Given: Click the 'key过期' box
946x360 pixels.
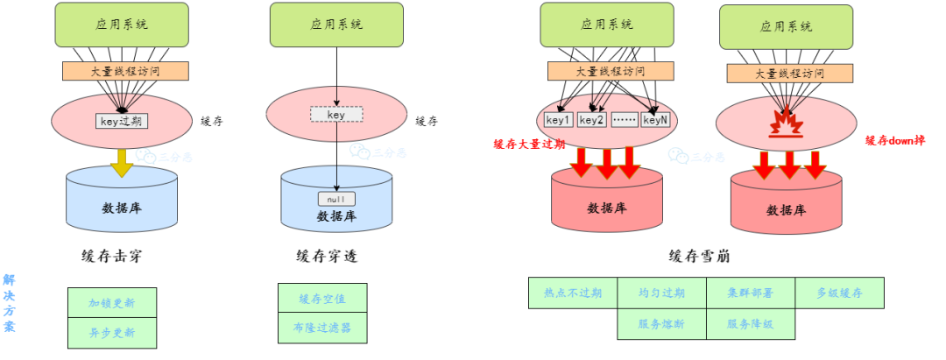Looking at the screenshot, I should pos(122,121).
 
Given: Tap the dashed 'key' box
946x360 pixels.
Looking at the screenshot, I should pos(336,115).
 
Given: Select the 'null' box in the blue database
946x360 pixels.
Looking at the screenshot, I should pos(336,199).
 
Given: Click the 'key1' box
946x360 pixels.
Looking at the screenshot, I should pos(558,120).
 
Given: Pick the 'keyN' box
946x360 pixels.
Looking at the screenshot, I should pos(655,120).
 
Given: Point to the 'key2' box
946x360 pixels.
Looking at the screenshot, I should pos(591,120).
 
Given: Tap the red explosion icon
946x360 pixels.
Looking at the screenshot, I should pos(786,124).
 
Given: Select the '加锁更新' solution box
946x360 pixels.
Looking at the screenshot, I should pos(112,303).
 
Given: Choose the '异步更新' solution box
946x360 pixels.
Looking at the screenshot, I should pos(112,333).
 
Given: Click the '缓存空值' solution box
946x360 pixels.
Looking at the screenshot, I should pos(322,299).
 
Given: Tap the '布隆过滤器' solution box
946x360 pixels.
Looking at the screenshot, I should pos(322,328).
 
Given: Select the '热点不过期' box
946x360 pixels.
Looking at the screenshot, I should pos(573,293).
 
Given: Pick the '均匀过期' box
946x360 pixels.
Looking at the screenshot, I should pos(662,293).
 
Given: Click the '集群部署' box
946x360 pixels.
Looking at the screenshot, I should pos(751,293).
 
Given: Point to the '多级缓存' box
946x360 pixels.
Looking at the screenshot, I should pos(839,293).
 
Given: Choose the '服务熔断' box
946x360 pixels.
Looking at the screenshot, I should pos(662,323).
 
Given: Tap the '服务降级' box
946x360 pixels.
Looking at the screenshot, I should pos(751,323).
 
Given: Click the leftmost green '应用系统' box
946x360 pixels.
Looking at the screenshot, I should pos(122,25).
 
